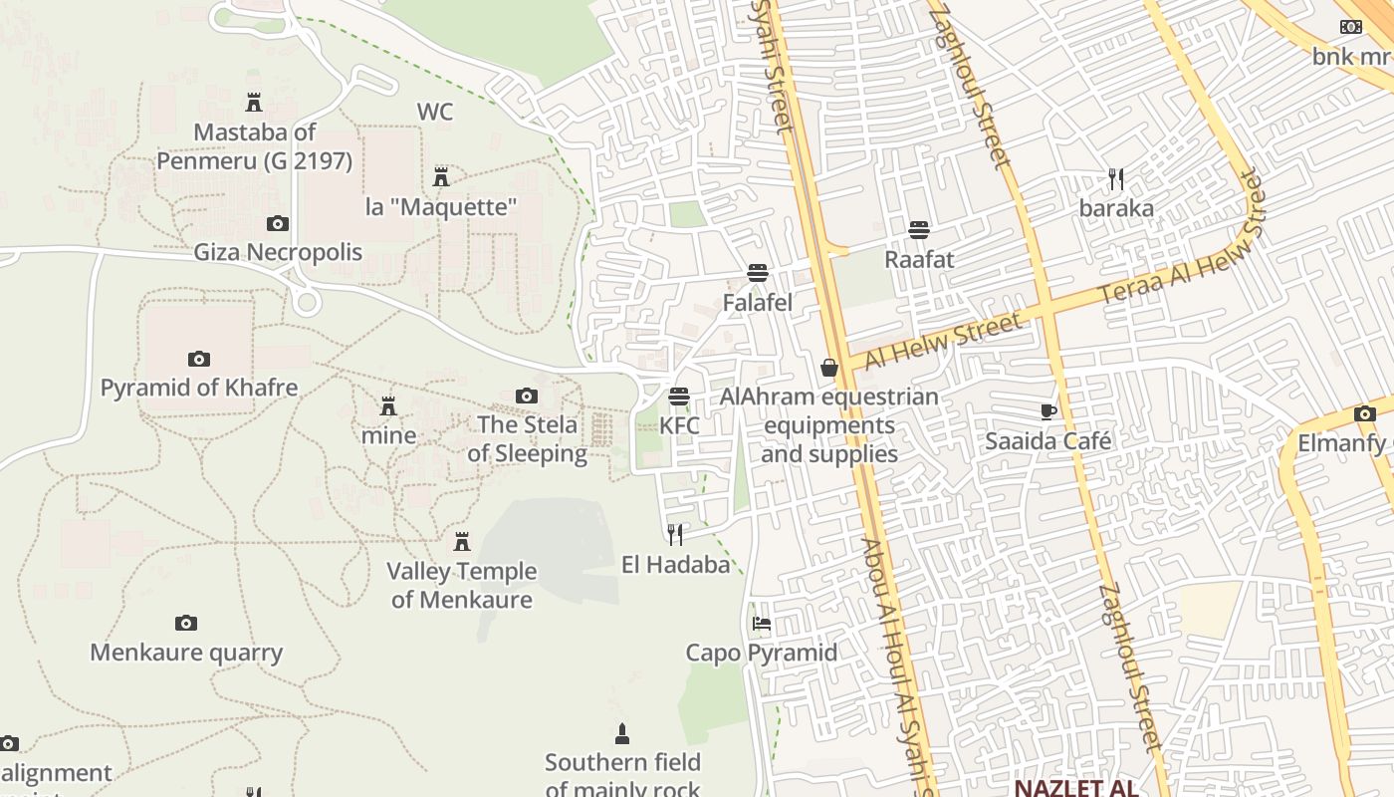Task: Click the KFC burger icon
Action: coord(679,397)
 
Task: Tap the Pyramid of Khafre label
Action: coord(199,388)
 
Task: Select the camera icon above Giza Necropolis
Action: coord(278,224)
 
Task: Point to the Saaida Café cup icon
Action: coord(1047,411)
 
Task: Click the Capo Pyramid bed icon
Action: coord(762,625)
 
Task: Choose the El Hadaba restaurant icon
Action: coord(675,535)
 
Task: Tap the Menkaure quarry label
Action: coord(186,653)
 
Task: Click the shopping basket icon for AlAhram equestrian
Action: coord(828,369)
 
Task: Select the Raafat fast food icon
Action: coord(919,231)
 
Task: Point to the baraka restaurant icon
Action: coord(1116,179)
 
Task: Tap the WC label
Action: coord(435,112)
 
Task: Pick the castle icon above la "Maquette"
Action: coord(441,177)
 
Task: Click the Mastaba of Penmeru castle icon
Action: coord(254,102)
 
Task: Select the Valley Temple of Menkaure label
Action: coord(462,585)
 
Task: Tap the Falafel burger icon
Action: coord(758,273)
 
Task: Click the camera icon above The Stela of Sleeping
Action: coord(527,397)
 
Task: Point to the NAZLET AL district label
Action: coord(1075,788)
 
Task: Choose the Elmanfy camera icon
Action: coord(1364,414)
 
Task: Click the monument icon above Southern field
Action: coord(622,734)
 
